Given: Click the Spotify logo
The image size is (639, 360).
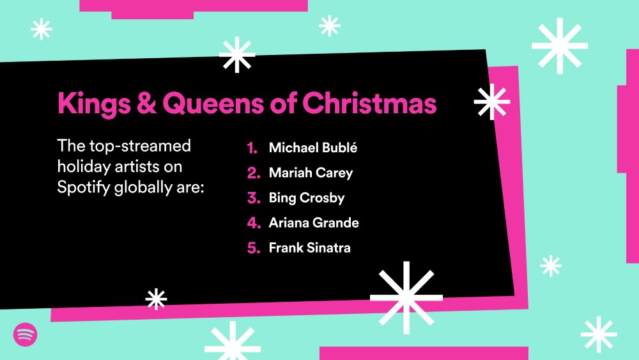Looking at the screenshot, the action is [x=26, y=334].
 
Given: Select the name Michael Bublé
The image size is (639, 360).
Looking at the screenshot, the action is [x=313, y=147].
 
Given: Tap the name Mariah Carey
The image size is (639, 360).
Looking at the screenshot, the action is [x=311, y=173].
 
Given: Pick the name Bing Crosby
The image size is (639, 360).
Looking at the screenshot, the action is [x=307, y=198].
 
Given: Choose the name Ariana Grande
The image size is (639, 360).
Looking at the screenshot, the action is [x=314, y=223].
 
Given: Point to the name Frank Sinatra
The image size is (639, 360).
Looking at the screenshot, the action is [x=310, y=247].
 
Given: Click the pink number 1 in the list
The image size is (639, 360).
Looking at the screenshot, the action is [x=252, y=148].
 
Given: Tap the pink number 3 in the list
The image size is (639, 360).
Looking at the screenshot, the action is [x=254, y=198].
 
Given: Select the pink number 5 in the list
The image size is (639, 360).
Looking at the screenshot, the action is [x=254, y=248].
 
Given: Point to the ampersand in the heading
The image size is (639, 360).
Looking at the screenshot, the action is [x=146, y=103].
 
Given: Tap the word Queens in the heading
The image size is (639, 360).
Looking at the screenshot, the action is [x=213, y=104].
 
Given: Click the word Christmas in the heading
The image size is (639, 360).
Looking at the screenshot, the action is [x=369, y=102].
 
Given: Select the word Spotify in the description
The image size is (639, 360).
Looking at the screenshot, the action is [x=84, y=187].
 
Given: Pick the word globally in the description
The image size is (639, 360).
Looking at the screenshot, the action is [x=143, y=187].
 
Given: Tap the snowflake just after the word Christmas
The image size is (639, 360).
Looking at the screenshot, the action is [x=492, y=102].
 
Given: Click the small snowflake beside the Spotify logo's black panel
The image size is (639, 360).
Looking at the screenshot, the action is [x=156, y=299].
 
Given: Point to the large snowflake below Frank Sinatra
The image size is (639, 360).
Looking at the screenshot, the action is [x=406, y=297].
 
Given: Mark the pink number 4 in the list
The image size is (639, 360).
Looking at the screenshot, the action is [x=254, y=223].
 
